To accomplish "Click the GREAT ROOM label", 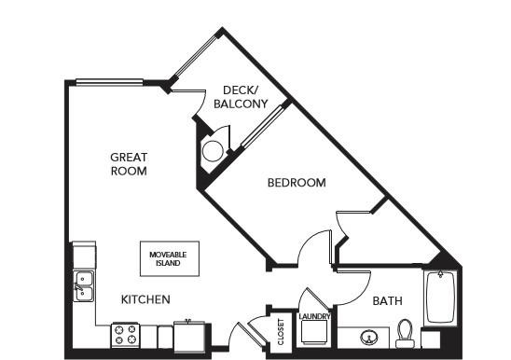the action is point(129,164).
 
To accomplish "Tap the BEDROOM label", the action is point(297,183).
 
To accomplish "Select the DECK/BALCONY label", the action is point(241,97).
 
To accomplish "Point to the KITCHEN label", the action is point(145,299).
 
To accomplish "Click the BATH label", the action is point(387,300).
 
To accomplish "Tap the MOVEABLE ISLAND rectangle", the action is point(170,258).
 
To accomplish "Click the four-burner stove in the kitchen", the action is point(126,335).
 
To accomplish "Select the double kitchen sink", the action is point(83,286).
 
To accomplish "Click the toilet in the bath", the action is point(405,333).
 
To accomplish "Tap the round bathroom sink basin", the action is point(369,338).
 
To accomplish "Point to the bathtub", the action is point(440,298).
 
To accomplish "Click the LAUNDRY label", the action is point(314,316).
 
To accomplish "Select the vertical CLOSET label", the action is point(281,332).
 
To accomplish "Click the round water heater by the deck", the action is point(213,151).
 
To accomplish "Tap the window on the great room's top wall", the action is point(109,82).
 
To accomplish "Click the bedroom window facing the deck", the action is point(263,126).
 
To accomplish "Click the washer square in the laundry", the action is point(314,332).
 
